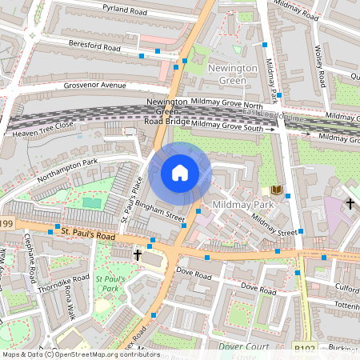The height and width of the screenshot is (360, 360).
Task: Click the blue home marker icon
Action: point(180,173)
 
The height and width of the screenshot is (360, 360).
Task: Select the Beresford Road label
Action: point(94,46)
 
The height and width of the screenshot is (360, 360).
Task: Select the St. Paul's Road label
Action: point(88,236)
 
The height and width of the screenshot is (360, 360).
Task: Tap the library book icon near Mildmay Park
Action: point(277,190)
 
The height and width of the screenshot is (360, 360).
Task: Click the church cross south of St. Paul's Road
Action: point(138,255)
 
